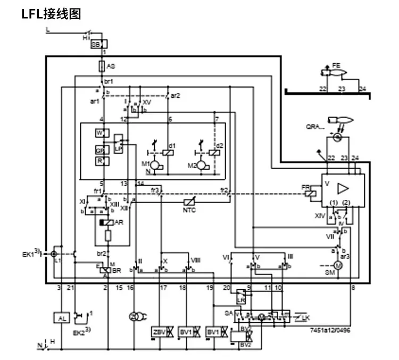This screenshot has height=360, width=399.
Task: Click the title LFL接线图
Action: click(51, 14)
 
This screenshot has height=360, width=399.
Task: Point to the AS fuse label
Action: click(111, 66)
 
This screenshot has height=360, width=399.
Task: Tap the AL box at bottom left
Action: click(61, 317)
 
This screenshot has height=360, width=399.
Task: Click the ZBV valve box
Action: click(159, 332)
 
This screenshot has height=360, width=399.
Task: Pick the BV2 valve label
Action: click(245, 345)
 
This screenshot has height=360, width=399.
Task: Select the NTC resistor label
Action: click(190, 211)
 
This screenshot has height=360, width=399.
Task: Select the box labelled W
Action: click(99, 132)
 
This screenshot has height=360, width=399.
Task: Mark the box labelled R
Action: click(99, 161)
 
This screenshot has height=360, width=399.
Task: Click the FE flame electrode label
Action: click(336, 65)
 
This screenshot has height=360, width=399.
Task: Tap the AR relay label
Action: click(119, 223)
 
